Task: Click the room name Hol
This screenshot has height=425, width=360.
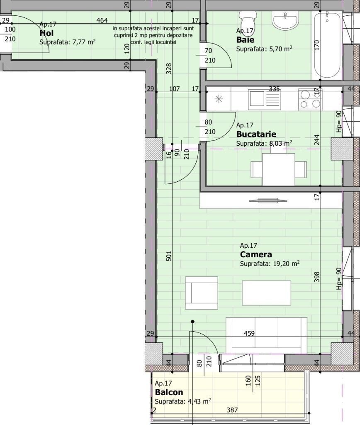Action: coord(46,33)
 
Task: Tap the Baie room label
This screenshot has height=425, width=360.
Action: coord(245,40)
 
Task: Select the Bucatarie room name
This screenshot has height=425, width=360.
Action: coord(256,134)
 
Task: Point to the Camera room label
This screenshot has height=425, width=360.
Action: coord(256,254)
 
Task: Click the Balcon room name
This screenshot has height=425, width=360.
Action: coord(169,392)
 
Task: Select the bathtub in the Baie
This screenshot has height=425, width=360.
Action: coord(327,45)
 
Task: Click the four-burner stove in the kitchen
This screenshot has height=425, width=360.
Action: coord(310,100)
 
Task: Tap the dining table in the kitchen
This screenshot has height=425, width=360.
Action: coord(278,169)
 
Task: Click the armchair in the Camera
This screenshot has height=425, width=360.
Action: coord(202,293)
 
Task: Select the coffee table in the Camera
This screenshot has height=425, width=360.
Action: coord(266,293)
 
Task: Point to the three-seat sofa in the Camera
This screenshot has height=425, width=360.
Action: coord(266,335)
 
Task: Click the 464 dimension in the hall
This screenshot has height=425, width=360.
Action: coord(102,20)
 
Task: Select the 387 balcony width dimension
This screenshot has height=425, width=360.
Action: coord(232,410)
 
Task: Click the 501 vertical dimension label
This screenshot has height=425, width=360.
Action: coord(169,256)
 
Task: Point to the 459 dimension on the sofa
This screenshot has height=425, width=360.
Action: coord(249,333)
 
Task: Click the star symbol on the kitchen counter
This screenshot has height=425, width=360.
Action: coord(219,99)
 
